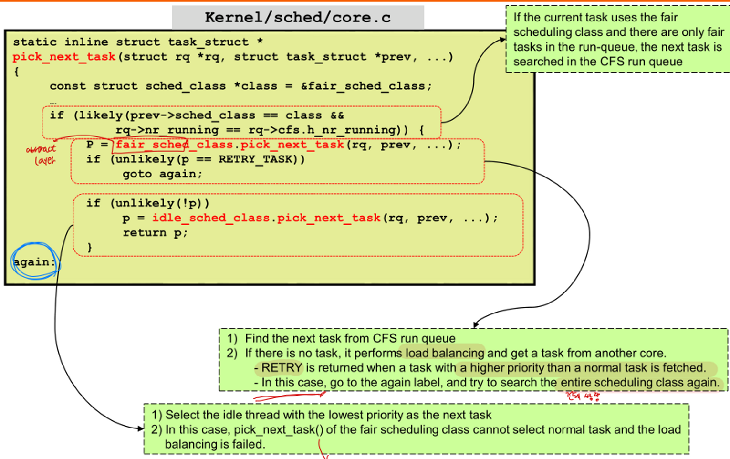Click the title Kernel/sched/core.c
(x=298, y=18)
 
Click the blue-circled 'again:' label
(x=34, y=262)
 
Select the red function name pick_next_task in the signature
(x=64, y=57)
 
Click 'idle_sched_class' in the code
(x=211, y=218)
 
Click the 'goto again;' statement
(x=162, y=174)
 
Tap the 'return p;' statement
(x=155, y=233)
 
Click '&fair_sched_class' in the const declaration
(x=366, y=86)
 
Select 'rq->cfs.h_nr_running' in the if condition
(x=323, y=130)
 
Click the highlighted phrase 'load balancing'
(x=445, y=353)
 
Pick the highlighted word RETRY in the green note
(x=282, y=368)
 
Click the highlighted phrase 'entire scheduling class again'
(x=639, y=383)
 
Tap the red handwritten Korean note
(x=583, y=396)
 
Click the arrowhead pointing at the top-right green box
(x=503, y=40)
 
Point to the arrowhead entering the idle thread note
(x=140, y=428)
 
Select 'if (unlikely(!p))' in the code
(x=148, y=203)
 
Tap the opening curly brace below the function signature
(x=17, y=72)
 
